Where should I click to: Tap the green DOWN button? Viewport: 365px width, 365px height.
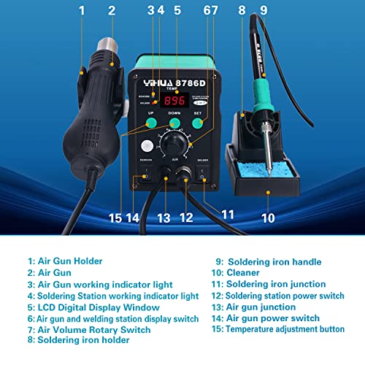click(174, 124)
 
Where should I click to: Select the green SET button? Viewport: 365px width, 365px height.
click(197, 124)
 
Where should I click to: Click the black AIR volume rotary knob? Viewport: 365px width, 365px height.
click(175, 142)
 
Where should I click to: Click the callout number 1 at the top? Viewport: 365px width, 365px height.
click(82, 10)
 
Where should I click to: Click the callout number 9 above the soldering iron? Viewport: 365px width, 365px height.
click(263, 10)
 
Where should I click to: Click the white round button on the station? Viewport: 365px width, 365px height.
click(150, 145)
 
